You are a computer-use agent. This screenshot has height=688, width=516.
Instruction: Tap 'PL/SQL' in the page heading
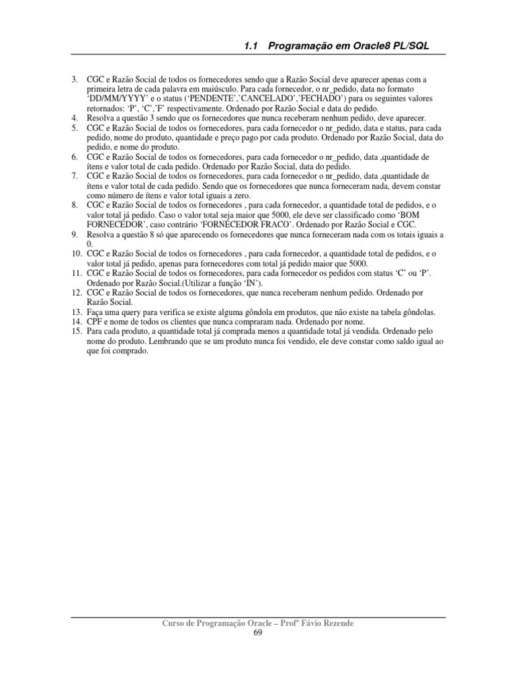tap(408, 46)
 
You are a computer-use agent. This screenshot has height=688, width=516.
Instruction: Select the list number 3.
tap(75, 81)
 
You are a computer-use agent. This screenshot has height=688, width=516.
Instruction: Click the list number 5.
tap(75, 127)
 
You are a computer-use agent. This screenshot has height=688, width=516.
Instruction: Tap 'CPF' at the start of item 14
tap(96, 321)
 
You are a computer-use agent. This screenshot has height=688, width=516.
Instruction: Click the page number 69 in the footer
tap(258, 634)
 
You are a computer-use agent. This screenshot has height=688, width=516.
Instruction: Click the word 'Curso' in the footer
tap(177, 623)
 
